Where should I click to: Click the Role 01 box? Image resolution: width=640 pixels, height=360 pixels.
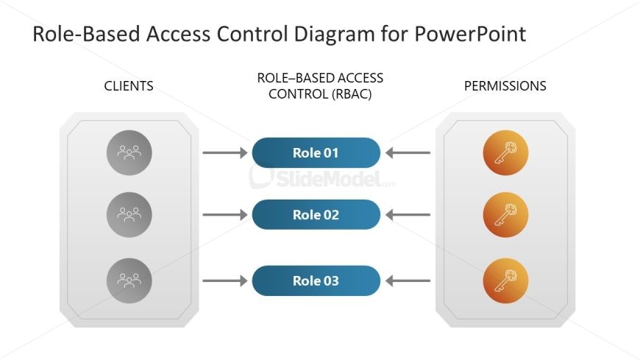(x=316, y=153)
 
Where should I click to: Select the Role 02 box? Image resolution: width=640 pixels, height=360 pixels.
(x=316, y=214)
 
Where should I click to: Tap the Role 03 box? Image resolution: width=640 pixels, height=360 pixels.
(x=316, y=280)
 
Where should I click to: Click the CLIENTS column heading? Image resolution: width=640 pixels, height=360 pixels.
(x=129, y=86)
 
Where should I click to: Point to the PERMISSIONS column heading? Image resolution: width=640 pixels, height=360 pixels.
(x=505, y=86)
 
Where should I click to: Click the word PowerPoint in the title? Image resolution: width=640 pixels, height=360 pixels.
(x=470, y=34)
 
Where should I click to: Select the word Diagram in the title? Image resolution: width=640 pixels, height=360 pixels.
(x=334, y=35)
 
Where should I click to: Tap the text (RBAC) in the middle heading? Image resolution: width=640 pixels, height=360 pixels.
(x=352, y=94)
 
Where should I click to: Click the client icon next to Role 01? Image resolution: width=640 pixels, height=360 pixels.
(x=129, y=153)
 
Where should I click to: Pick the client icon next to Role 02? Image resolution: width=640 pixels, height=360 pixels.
(x=129, y=214)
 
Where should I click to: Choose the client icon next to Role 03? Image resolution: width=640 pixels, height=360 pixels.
(x=129, y=280)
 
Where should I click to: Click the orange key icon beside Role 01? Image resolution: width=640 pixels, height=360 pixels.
(x=505, y=153)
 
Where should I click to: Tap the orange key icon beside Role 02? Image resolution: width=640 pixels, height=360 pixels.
(x=505, y=214)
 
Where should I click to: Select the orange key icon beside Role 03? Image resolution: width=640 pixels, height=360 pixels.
(x=505, y=280)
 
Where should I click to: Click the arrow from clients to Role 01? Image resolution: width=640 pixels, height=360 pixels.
(x=225, y=153)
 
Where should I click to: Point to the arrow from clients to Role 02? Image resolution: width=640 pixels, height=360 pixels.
(x=225, y=214)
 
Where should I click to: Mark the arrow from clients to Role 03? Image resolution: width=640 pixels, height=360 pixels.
(x=225, y=280)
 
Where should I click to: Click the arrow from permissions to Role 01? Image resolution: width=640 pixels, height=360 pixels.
(x=408, y=153)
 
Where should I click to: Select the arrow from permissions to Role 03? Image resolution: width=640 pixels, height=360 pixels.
(x=408, y=280)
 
